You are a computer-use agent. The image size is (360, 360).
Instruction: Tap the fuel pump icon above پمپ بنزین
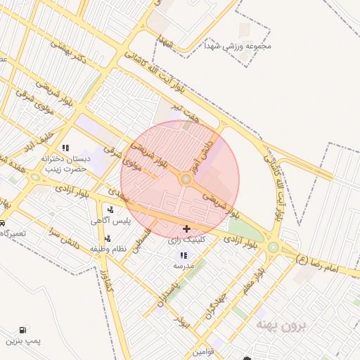(25, 329)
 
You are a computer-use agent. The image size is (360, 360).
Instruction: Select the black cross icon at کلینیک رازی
(186, 229)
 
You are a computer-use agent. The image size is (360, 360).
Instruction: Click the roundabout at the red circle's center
(186, 180)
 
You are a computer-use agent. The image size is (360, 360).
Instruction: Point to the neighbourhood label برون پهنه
(281, 325)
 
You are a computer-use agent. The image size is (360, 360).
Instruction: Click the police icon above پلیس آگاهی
(110, 209)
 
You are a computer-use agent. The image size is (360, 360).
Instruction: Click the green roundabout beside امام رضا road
(273, 247)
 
